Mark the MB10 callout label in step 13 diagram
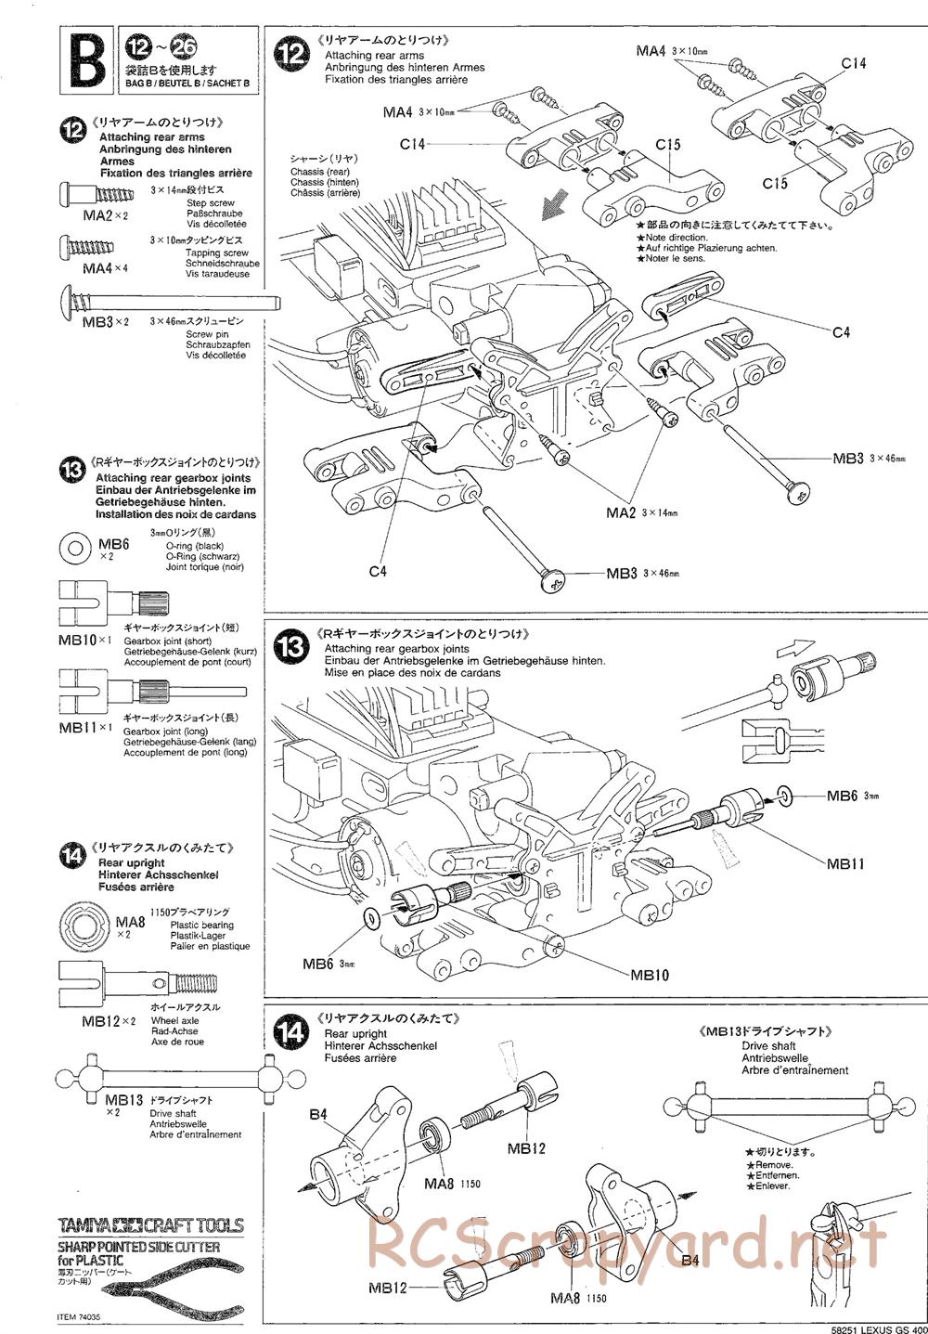coord(650,975)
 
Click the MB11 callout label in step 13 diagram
coord(845,862)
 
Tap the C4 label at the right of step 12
coord(841,331)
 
